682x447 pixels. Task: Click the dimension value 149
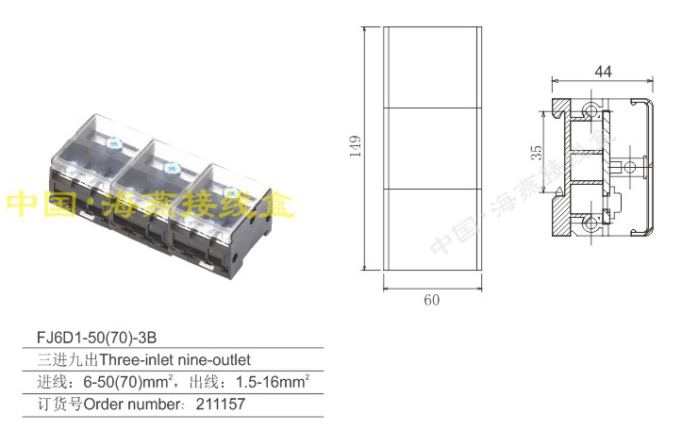tap(356, 146)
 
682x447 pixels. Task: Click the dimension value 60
tap(431, 300)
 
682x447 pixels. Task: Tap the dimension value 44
tap(603, 72)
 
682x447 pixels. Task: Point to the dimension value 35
tap(537, 153)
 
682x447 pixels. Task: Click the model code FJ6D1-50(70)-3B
tap(96, 338)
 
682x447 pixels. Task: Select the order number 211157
tap(221, 404)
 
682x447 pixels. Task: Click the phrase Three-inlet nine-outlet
tap(175, 360)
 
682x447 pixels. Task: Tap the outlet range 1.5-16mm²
tap(273, 381)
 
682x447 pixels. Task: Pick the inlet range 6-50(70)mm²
tap(127, 382)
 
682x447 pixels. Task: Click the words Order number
tap(131, 405)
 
